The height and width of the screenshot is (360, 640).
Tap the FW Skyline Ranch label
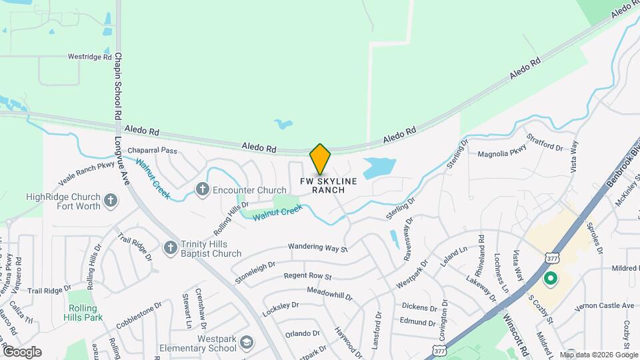328,185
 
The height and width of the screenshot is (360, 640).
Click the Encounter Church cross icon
202,190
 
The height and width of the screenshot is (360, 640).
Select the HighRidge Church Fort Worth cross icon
111,199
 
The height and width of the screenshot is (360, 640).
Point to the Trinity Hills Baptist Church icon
170,248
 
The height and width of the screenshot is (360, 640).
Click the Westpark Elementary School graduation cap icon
246,342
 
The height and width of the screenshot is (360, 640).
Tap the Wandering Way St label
318,248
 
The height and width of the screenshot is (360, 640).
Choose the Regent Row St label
307,275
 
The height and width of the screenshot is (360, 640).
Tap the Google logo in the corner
22,351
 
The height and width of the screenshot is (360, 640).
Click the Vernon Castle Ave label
604,305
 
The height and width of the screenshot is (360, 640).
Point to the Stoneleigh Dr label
255,271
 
